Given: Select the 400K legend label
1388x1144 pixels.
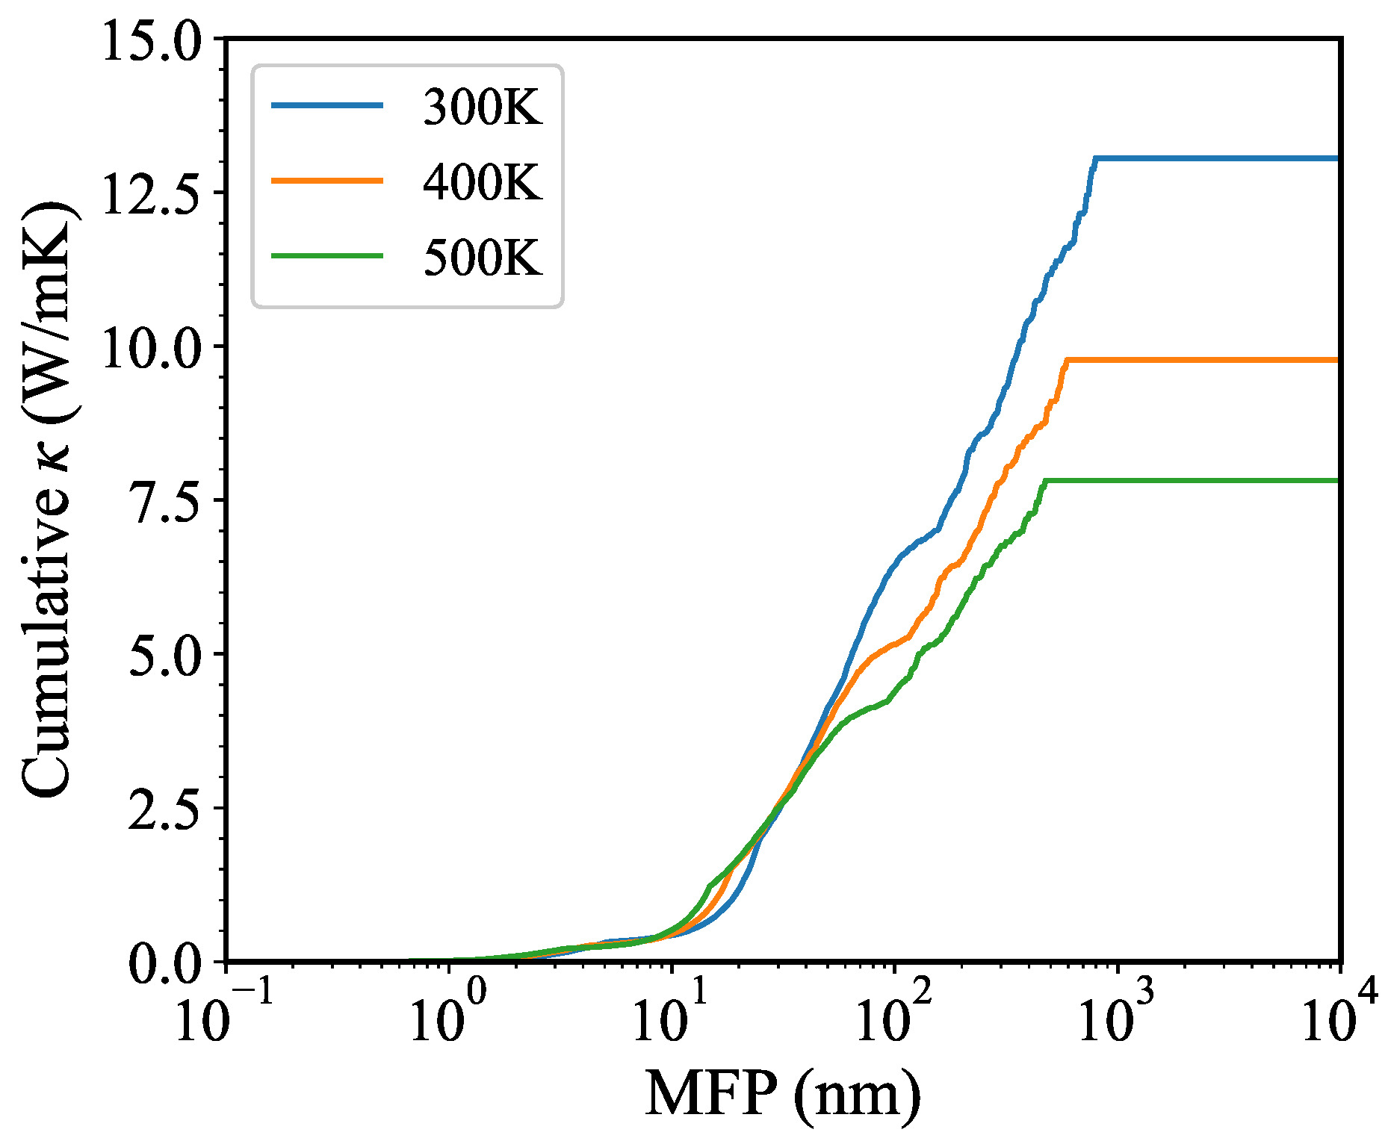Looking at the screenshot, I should [482, 181].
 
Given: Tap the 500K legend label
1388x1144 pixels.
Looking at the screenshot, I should [482, 258].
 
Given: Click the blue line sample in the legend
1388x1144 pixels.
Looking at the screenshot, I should [327, 106].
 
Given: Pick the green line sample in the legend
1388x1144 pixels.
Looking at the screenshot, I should [327, 256].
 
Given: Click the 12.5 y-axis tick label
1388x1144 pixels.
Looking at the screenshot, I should [152, 193].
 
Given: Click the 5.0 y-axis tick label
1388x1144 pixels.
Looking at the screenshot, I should [164, 654].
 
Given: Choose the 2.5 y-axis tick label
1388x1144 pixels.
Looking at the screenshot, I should [164, 808].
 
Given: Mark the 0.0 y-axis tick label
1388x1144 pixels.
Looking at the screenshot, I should [164, 963].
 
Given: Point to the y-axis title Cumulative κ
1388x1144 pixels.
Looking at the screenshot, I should [46, 500].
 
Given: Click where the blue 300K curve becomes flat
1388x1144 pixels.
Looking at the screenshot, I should [1095, 158].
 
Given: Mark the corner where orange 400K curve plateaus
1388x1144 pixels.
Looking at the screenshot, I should [1068, 360].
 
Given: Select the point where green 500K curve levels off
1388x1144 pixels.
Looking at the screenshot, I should [1044, 481].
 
